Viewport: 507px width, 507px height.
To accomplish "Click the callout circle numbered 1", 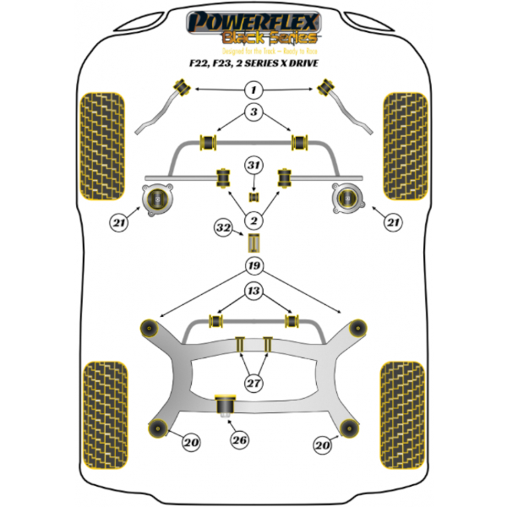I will point(253,90).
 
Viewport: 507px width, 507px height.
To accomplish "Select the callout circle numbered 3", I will point(253,112).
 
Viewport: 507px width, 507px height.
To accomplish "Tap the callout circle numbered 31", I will point(253,164).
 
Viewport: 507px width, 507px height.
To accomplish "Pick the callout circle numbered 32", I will point(223,228).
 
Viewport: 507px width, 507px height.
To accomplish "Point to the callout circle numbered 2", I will point(253,221).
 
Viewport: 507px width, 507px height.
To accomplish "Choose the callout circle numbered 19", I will point(253,268).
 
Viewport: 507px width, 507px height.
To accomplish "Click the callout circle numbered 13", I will point(253,292).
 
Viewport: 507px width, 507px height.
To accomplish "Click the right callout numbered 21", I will point(391,223).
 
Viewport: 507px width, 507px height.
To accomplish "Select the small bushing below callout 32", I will point(252,244).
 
